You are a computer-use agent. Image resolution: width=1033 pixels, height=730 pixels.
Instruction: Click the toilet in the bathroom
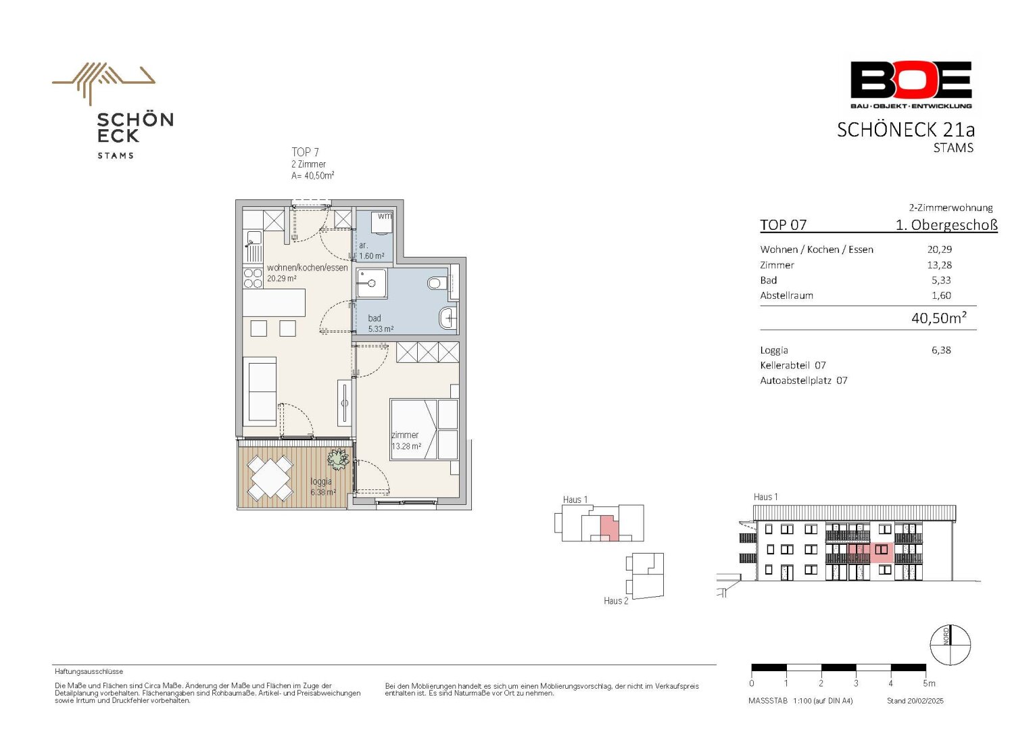tap(435, 283)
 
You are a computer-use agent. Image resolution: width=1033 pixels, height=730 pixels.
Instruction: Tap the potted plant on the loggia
tap(338, 458)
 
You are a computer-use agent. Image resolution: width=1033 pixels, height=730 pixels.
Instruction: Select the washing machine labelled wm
tap(382, 223)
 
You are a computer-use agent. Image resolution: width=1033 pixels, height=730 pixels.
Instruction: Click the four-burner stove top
tap(253, 278)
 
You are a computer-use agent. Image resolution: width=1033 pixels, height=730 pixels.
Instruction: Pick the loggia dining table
tap(270, 478)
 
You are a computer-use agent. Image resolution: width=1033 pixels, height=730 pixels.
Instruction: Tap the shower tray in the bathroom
tap(372, 283)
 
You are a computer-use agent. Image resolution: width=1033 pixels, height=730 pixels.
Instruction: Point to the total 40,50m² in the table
tap(938, 318)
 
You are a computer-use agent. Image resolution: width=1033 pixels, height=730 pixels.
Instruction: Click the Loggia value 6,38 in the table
tap(941, 350)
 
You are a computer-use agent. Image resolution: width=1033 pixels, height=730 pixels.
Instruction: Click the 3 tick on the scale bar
tap(856, 683)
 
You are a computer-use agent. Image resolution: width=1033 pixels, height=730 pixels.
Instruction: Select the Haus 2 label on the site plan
tap(616, 600)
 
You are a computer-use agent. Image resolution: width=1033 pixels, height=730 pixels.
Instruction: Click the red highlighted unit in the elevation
tap(871, 552)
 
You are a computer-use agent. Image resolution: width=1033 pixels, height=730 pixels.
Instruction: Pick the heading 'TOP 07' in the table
tap(783, 225)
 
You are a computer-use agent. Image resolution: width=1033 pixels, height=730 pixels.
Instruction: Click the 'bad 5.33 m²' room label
tap(381, 323)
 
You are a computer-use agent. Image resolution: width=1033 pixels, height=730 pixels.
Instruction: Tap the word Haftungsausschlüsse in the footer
tap(89, 671)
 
